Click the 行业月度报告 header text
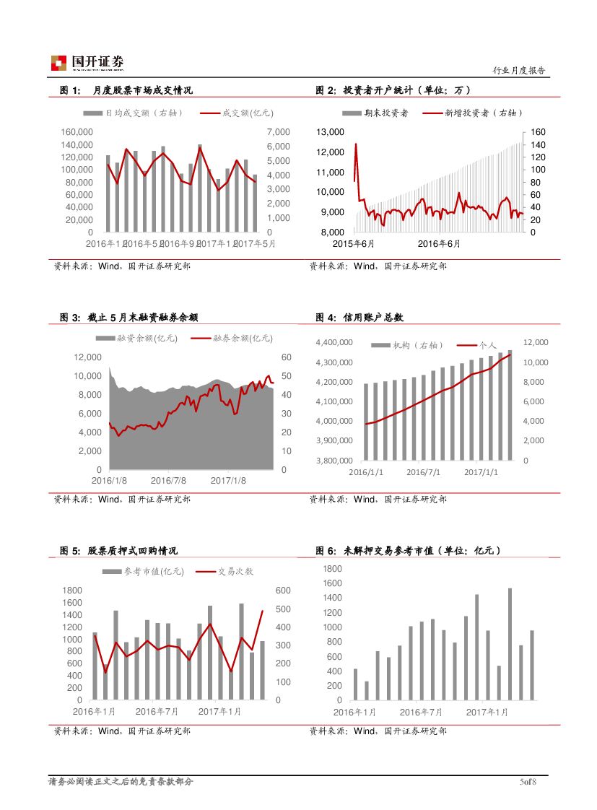click(518, 71)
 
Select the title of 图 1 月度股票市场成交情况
click(126, 90)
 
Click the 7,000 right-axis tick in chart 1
click(277, 132)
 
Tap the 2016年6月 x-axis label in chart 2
click(439, 243)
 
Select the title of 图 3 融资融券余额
click(129, 317)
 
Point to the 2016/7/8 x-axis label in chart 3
click(168, 480)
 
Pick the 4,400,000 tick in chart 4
click(334, 343)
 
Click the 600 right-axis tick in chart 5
click(283, 591)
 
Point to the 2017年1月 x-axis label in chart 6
click(487, 712)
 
